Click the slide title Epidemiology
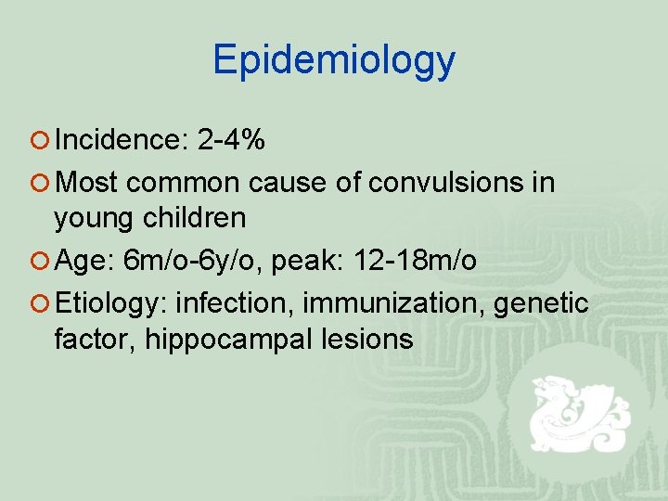(334, 60)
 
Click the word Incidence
(122, 140)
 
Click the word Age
(83, 263)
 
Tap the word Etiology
(110, 302)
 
